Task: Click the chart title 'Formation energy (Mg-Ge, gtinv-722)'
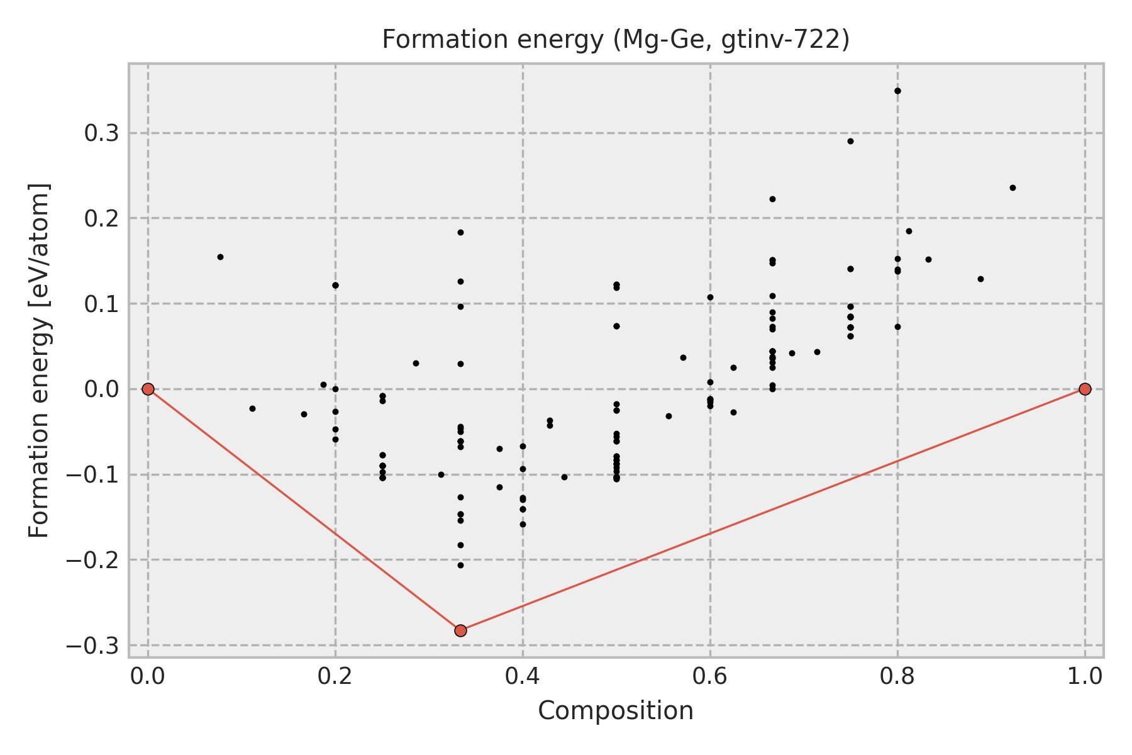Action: pos(616,40)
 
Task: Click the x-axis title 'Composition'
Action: pos(616,711)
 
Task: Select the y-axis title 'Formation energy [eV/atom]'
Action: pos(39,361)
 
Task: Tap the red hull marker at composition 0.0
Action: pos(148,389)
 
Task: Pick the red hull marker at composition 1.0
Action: pos(1085,389)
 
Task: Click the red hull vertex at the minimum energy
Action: pos(460,630)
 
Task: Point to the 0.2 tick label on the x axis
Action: pos(335,676)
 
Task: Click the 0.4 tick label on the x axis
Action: pos(523,676)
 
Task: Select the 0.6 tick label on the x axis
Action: pos(710,676)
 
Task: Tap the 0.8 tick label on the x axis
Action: pos(897,676)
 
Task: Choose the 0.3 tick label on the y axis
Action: pos(102,133)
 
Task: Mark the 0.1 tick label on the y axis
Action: pos(102,304)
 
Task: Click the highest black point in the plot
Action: pos(897,91)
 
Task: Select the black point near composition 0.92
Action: pos(1013,187)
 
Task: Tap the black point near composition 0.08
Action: pos(220,257)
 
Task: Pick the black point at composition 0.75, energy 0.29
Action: pos(850,141)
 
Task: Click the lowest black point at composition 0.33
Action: pos(460,565)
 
